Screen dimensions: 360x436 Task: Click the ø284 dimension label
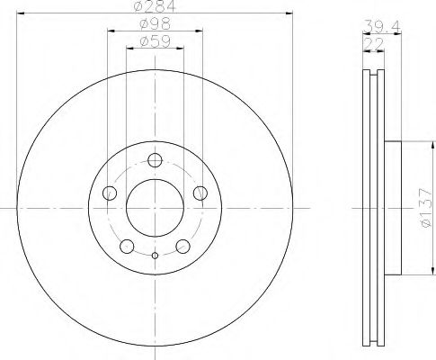point(156,7)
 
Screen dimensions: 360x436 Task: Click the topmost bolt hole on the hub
point(155,161)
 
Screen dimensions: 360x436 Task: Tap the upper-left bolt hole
point(111,193)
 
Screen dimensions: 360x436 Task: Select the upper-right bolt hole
point(200,193)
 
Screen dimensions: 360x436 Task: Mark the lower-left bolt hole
point(128,245)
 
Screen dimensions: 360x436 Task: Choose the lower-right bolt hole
point(182,245)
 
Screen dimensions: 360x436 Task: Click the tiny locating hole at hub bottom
point(155,256)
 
